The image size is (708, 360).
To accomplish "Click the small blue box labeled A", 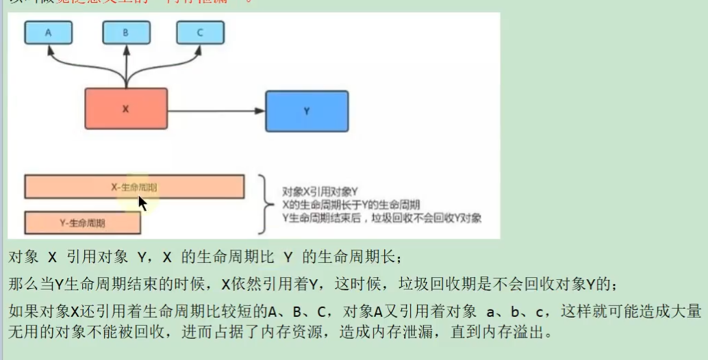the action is (47, 32).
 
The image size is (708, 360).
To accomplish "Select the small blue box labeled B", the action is (125, 32).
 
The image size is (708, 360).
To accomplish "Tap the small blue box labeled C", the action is (199, 32).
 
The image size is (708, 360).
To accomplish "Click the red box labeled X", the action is (126, 109).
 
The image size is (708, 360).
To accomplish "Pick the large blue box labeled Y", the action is (306, 110).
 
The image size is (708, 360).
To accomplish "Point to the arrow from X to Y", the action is (216, 111).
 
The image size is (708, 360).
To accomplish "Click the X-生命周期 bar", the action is (134, 187).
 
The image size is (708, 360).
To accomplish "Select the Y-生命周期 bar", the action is (82, 223).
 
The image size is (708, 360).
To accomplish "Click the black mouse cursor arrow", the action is (142, 203).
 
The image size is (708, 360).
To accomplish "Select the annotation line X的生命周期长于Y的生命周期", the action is (351, 205).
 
